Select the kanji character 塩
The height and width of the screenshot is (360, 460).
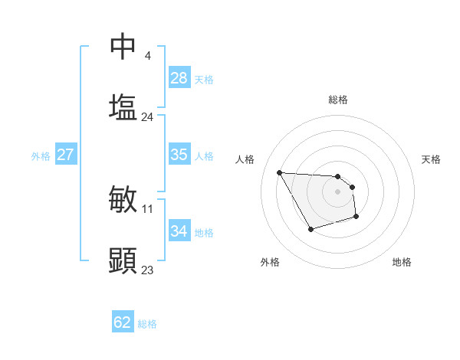[x=123, y=106]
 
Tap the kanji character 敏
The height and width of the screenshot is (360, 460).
[x=123, y=199]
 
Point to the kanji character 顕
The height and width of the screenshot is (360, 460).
[x=123, y=260]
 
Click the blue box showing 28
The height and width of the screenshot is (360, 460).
[x=179, y=78]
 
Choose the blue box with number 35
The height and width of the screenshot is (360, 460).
[x=179, y=155]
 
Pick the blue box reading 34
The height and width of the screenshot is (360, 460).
[x=179, y=231]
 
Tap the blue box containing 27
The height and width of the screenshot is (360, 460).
[x=65, y=155]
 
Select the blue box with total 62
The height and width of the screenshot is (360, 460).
[x=123, y=322]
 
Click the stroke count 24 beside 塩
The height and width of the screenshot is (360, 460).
[x=148, y=117]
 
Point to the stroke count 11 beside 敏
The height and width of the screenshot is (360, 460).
[x=148, y=208]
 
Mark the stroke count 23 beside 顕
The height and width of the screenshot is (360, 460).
[x=148, y=270]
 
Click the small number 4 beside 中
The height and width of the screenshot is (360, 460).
[x=147, y=55]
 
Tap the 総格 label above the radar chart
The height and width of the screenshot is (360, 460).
[x=338, y=100]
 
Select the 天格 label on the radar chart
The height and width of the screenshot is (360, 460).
[x=432, y=159]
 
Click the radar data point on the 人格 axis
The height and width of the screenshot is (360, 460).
[x=280, y=172]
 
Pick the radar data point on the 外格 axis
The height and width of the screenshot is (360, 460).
[x=310, y=229]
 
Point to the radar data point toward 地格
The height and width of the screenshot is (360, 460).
[x=356, y=218]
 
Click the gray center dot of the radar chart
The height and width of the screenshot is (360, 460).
[x=337, y=191]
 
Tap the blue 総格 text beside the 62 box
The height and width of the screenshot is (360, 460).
[x=147, y=324]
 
